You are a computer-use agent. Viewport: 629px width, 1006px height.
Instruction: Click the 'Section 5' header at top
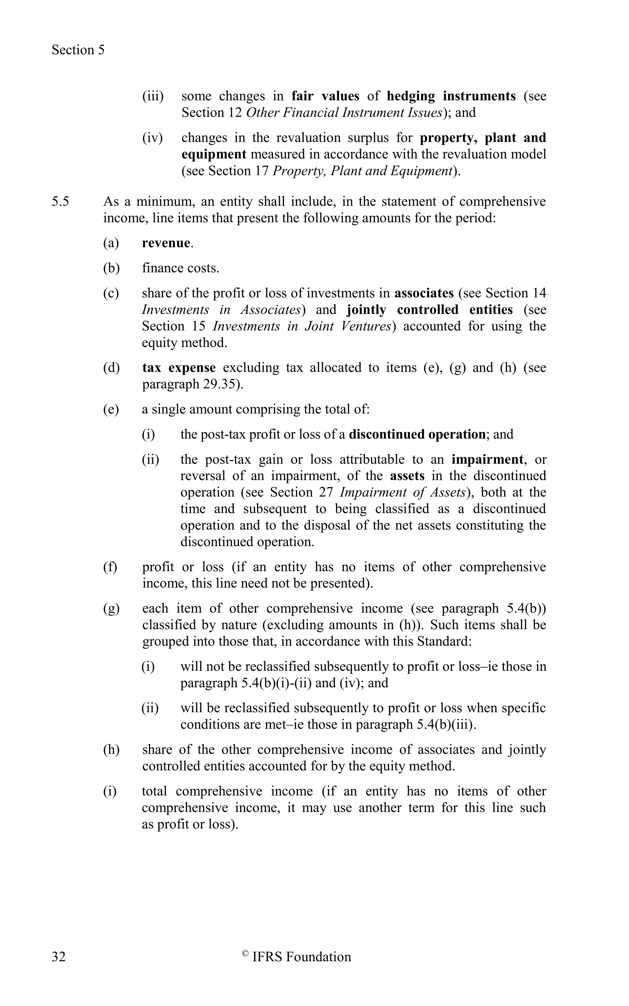78,50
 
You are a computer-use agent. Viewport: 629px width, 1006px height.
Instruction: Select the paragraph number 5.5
61,202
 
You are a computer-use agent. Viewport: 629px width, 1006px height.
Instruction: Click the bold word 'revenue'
166,243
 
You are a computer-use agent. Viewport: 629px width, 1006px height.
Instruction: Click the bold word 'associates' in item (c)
424,293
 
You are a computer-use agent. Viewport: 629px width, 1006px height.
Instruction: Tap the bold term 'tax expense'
179,368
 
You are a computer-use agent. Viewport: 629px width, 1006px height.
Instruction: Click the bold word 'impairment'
487,459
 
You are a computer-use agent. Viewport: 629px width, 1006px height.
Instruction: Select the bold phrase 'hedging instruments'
451,96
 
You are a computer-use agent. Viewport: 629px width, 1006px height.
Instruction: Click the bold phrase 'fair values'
325,96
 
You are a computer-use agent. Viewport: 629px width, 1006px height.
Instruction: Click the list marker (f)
110,567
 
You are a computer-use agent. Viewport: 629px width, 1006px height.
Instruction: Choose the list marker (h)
111,750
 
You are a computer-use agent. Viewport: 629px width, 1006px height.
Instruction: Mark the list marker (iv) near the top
152,138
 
